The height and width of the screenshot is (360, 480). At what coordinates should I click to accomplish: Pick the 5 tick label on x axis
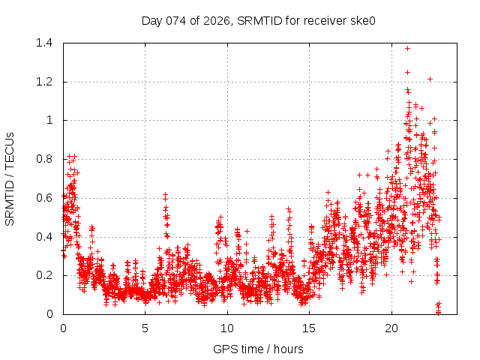click(x=145, y=328)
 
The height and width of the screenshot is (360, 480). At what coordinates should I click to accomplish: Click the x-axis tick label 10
click(x=226, y=328)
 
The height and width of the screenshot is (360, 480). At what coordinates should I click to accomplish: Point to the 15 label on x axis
click(x=309, y=328)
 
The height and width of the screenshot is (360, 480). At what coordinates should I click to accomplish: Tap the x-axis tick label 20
click(x=391, y=328)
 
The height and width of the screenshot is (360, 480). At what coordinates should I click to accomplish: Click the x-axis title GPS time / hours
click(x=258, y=349)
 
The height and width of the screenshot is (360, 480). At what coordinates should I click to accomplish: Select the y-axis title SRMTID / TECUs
click(x=10, y=178)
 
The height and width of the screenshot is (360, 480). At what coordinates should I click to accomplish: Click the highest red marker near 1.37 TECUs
click(x=407, y=48)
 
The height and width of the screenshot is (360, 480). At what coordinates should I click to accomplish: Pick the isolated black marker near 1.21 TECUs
click(x=430, y=79)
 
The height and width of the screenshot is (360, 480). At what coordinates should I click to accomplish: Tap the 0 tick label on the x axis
click(x=63, y=328)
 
